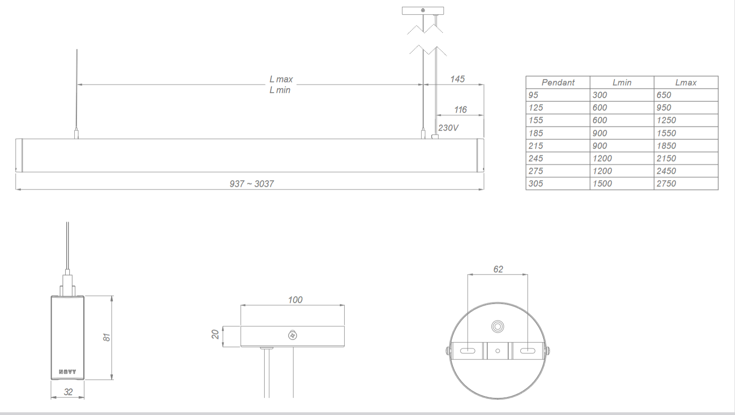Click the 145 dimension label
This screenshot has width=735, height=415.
457,79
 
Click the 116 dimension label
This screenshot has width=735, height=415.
460,110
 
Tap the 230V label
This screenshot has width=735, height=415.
448,128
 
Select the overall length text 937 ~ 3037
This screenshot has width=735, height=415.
252,184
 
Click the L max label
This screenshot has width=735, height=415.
281,79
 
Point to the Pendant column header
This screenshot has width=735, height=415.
558,82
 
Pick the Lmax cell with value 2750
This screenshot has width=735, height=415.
666,184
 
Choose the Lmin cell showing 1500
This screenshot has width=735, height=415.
602,184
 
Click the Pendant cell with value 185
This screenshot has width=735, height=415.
536,133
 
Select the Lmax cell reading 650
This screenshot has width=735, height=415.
663,95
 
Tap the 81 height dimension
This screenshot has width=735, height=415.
107,338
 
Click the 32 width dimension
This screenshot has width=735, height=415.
68,392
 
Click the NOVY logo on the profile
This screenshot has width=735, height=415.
68,372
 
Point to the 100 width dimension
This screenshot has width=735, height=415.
295,300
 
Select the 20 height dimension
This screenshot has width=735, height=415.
215,334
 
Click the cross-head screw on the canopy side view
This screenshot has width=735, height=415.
293,335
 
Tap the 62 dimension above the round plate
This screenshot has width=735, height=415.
498,269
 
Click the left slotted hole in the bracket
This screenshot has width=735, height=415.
468,351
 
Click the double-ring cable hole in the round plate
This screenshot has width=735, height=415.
497,326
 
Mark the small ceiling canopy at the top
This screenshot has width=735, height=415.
423,10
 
